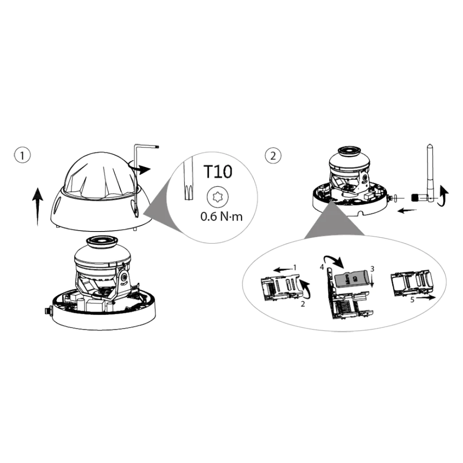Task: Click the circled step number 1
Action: click(x=22, y=155)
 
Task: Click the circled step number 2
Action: click(x=273, y=155)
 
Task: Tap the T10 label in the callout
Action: click(x=218, y=172)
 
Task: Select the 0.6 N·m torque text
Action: click(x=221, y=217)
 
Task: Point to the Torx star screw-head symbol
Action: click(x=218, y=196)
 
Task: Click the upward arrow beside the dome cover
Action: click(x=38, y=206)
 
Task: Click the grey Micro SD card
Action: click(x=352, y=278)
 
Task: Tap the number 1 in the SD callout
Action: click(x=294, y=268)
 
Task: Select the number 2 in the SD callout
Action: click(x=303, y=304)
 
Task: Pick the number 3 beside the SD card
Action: click(x=372, y=269)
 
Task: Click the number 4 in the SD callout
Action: click(x=322, y=267)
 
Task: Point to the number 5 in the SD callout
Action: click(x=412, y=300)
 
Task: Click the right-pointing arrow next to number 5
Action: click(x=426, y=298)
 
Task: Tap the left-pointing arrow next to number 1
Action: click(x=282, y=269)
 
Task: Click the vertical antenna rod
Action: click(x=430, y=173)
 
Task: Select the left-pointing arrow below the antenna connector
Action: click(x=407, y=211)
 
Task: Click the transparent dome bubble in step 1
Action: click(x=101, y=175)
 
